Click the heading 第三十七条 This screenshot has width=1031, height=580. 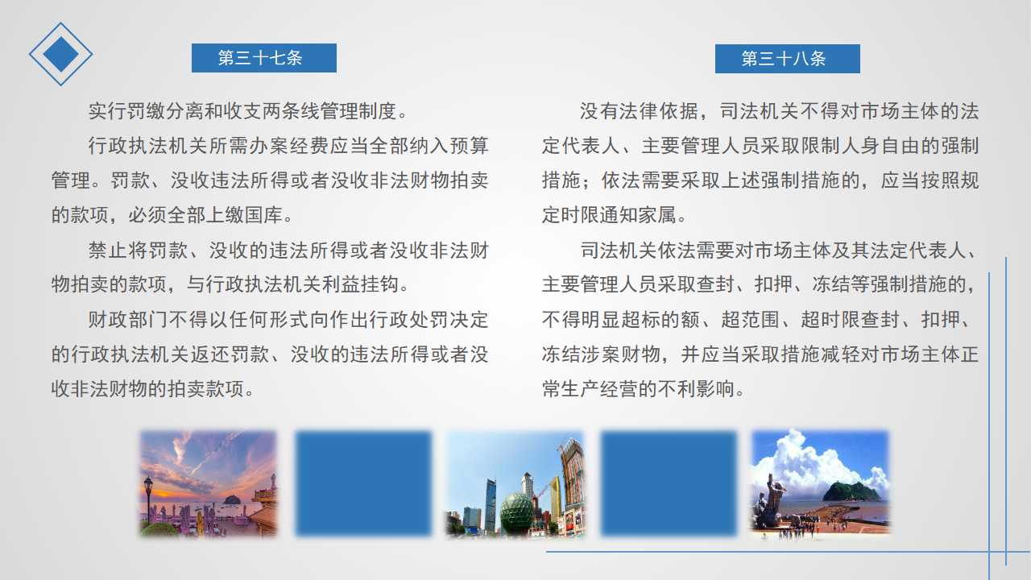pos(260,58)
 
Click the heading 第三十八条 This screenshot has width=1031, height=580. pos(784,59)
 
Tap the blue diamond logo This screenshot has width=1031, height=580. pos(60,54)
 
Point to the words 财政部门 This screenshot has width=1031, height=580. pos(127,320)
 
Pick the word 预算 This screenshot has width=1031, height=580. pos(469,146)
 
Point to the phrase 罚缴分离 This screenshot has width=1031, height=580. pos(147,111)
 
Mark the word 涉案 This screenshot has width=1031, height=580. pos(599,354)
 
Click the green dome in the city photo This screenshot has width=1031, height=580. pos(517,512)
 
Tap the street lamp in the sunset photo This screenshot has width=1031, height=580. pos(148,502)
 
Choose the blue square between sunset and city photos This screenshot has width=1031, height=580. pos(363,483)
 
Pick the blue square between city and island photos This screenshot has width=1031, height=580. pos(669,483)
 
